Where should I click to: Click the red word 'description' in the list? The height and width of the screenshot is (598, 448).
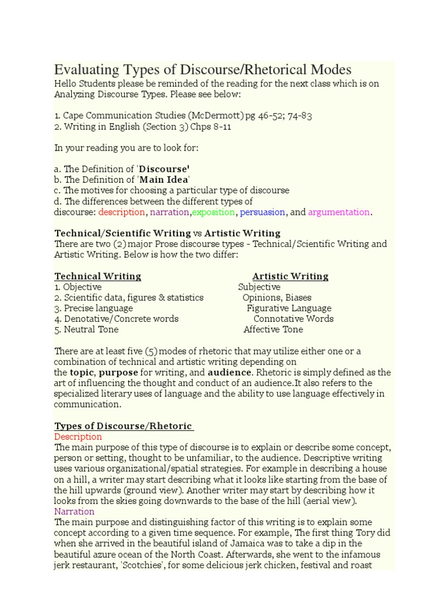(x=122, y=212)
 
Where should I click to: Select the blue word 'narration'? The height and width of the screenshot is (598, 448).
(x=170, y=212)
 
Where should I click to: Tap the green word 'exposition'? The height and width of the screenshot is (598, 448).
(x=213, y=212)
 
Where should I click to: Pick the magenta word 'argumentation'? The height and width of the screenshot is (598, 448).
(x=338, y=212)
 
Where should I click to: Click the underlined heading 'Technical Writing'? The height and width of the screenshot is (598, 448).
(x=97, y=276)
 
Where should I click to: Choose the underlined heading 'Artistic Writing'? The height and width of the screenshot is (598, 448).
(x=290, y=276)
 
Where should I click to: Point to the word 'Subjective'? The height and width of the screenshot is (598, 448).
(x=259, y=287)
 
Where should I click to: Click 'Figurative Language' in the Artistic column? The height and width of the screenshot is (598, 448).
(x=289, y=308)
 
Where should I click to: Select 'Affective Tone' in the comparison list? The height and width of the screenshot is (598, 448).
(x=273, y=329)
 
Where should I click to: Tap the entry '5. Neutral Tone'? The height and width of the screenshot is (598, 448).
(x=86, y=329)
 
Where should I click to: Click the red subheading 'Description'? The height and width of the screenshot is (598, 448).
(x=78, y=437)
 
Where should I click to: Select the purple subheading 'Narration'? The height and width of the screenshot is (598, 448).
(x=74, y=512)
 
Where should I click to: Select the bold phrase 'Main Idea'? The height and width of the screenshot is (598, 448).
(x=164, y=179)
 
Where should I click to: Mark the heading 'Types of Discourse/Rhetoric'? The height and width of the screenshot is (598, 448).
(x=123, y=426)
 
